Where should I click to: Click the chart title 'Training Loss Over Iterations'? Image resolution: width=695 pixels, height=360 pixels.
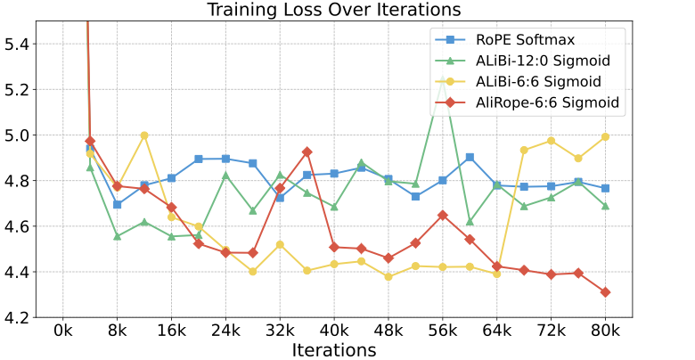coord(334,10)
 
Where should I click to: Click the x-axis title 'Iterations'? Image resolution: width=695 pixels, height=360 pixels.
coord(334,349)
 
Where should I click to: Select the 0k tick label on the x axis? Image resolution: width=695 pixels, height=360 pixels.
coord(62,331)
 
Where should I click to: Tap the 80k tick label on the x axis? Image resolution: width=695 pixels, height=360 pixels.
coord(606,331)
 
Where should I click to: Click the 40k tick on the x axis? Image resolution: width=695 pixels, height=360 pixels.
coord(334,331)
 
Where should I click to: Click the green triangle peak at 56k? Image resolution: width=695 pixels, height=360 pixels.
coord(443,82)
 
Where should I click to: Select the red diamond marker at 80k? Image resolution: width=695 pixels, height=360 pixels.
coord(606,292)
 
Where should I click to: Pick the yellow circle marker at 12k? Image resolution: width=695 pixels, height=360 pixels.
coord(144,135)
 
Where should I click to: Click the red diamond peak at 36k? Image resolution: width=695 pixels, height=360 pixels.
coord(307,151)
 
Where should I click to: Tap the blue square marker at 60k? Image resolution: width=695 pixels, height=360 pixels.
coord(470,157)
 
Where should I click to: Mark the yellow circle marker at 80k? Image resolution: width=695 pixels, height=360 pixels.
coord(606,136)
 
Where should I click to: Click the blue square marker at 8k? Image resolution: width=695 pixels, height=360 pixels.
coord(117,204)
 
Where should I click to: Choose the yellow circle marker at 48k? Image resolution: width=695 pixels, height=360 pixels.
coord(388,276)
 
